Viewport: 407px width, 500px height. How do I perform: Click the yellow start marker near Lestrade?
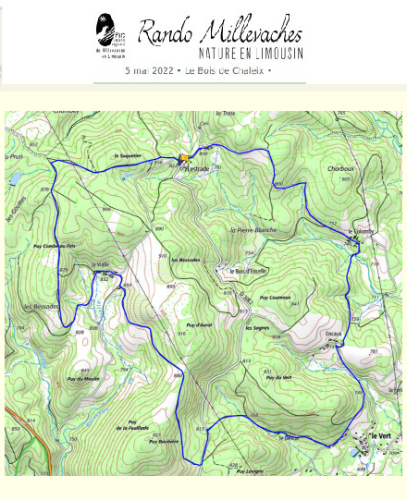tap(183, 158)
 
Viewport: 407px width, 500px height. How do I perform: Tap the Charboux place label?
tap(341, 169)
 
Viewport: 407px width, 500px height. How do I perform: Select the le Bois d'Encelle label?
tap(248, 270)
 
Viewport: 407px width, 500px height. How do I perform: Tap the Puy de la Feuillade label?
tap(132, 426)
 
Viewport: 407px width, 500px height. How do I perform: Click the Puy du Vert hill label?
tap(277, 375)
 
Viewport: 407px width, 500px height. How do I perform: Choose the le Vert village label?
tap(380, 435)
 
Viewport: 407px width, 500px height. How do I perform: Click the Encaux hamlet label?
tap(334, 333)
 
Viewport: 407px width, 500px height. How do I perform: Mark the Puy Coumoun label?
tap(276, 298)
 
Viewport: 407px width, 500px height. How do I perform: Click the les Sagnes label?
tap(256, 326)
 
